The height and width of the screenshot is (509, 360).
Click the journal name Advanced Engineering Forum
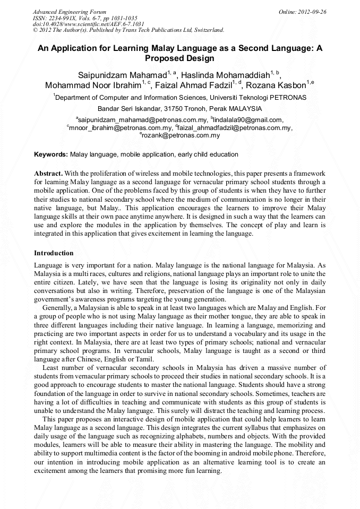(x=70, y=12)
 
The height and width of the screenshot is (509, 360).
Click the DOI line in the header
(x=88, y=24)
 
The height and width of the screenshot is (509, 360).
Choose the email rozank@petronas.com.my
(x=181, y=135)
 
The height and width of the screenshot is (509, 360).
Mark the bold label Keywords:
(x=51, y=154)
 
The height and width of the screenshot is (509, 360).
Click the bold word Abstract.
(x=48, y=174)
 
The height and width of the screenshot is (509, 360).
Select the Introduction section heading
(x=54, y=253)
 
